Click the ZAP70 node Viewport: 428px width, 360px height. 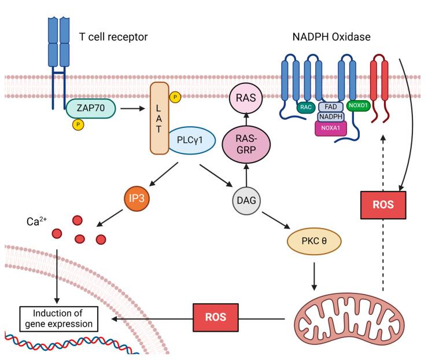click(90, 108)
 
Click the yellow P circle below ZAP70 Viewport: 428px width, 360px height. click(77, 124)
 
